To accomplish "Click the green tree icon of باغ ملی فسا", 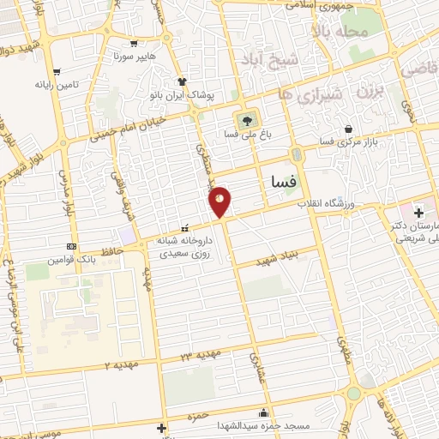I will click(248, 119).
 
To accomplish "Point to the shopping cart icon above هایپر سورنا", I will click(134, 43).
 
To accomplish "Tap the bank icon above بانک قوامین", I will click(70, 246).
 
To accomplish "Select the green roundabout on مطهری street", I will click(353, 394).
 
